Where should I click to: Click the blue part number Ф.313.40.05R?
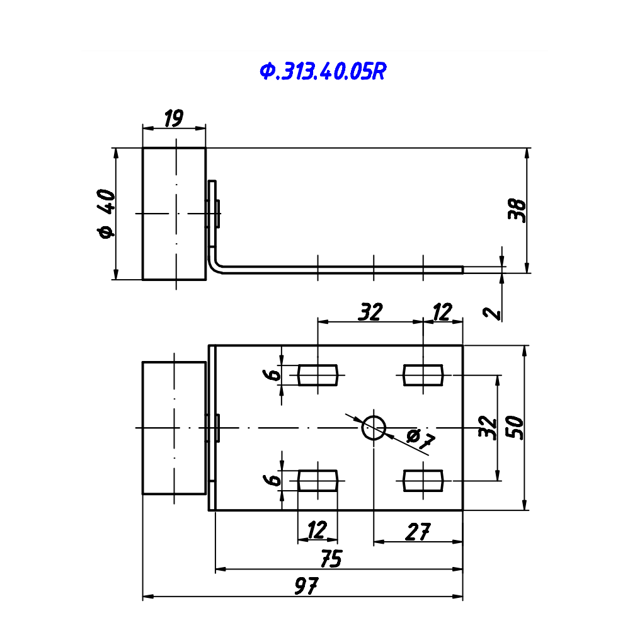[x=323, y=72]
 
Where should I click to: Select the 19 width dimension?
[x=174, y=118]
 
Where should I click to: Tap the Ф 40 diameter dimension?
[x=106, y=214]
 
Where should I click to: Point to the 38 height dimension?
[x=517, y=210]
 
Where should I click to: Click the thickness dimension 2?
[x=493, y=313]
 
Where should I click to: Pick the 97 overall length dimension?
[x=307, y=586]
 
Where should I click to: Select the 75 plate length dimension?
[x=331, y=558]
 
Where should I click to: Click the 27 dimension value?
[x=418, y=532]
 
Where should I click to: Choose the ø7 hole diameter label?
[x=420, y=440]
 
